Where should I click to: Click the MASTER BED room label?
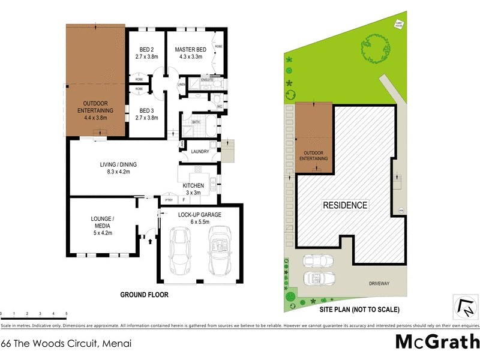191,49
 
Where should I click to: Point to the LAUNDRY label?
199,151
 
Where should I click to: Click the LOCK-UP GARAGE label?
199,214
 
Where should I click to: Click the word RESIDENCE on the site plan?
345,205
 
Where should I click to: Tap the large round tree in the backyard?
372,49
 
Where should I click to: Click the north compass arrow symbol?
464,307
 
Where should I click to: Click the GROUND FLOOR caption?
144,295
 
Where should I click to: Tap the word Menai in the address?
116,344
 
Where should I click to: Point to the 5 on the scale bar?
66,314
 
